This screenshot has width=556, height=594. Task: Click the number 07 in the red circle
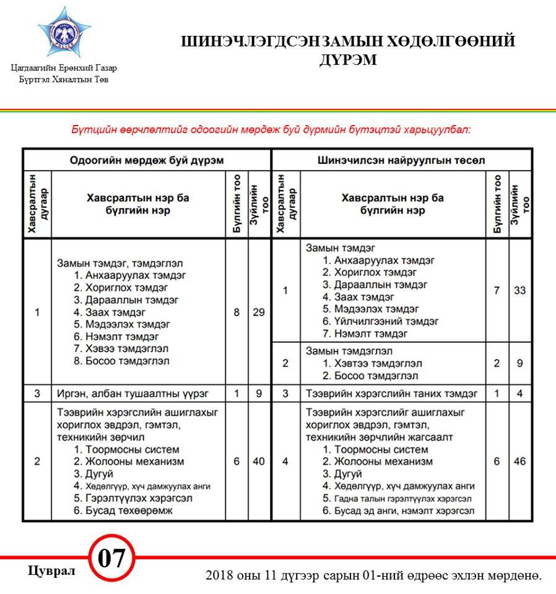coord(112,559)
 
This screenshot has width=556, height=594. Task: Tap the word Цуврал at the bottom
coord(51,570)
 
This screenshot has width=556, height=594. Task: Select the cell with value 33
coord(519,290)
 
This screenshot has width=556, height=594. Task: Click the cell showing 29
coord(258,312)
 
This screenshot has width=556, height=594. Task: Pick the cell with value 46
coord(519,461)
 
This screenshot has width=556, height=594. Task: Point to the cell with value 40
coord(258,461)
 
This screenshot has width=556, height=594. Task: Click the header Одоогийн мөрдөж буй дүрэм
coord(146,160)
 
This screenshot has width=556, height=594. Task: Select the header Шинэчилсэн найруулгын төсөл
coord(401,160)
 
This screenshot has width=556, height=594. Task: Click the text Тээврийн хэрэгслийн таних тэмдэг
coord(392,393)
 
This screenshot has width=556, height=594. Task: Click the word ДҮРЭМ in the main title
coord(348,61)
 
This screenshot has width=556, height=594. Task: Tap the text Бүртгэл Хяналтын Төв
coord(64,79)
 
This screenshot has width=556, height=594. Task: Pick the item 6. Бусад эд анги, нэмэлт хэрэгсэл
coord(398,510)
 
